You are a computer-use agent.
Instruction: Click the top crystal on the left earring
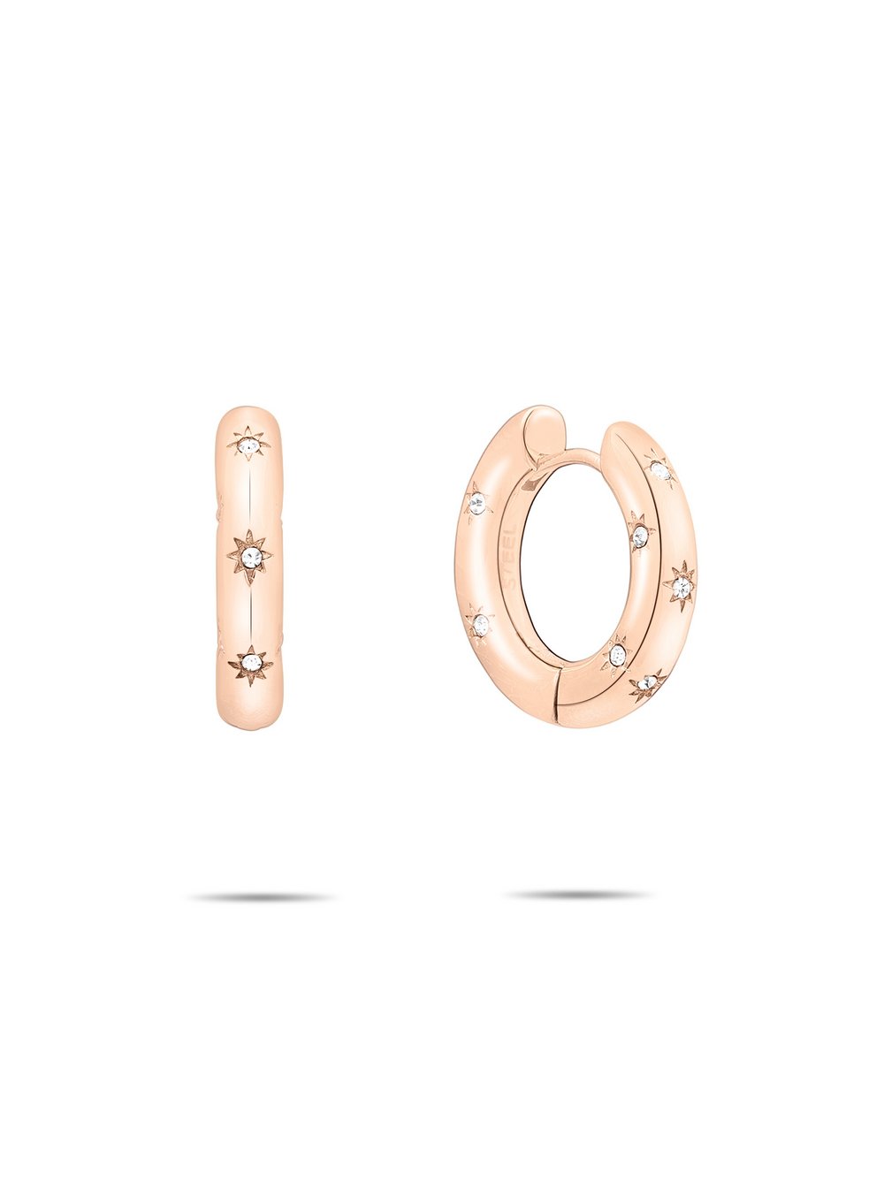249,444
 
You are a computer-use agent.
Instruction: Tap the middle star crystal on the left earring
251,557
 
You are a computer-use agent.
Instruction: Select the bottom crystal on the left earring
250,664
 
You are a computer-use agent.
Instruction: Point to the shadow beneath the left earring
261,897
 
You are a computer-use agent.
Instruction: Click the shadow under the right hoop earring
579,894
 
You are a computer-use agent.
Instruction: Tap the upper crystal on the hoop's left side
478,504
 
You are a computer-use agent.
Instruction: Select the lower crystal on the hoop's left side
480,625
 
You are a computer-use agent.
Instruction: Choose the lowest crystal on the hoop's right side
648,683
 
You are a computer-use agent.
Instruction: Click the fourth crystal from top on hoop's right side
616,655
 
